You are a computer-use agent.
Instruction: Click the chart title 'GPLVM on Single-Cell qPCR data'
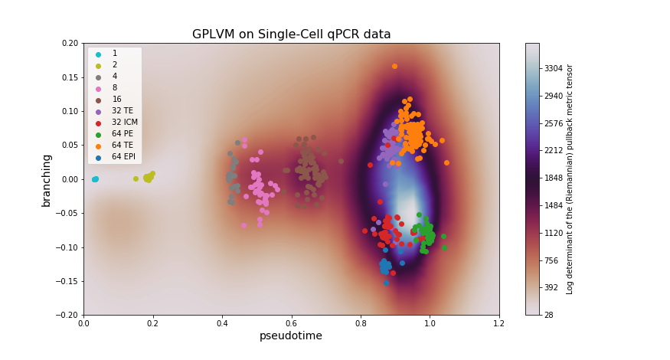pos(291,34)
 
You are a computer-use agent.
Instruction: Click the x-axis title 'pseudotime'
pos(290,335)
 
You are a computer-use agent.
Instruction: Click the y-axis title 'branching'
pos(47,179)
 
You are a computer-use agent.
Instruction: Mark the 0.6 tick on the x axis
pos(291,323)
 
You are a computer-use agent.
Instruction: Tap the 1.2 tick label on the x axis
pos(498,323)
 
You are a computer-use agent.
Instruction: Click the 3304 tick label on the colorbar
pos(554,68)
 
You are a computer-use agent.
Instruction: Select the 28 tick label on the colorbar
pos(549,315)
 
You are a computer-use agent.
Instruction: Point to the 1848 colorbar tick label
pos(554,178)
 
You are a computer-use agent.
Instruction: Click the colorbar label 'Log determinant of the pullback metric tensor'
pos(570,179)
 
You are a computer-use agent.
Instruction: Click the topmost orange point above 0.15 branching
pos(394,66)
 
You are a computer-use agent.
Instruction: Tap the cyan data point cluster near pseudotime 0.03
pos(95,179)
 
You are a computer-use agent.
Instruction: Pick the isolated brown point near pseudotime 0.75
pos(342,162)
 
